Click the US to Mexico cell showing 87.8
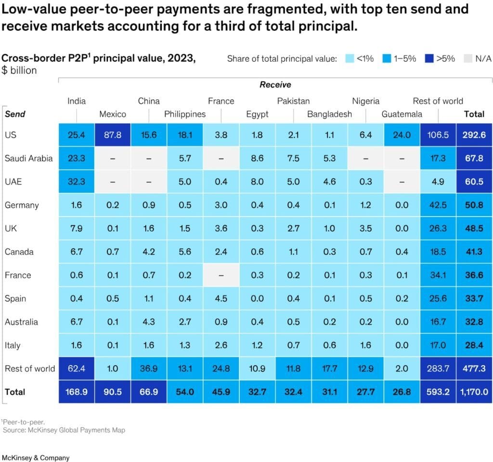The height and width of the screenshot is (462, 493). tap(113, 135)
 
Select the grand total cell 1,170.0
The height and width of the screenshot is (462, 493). tap(474, 392)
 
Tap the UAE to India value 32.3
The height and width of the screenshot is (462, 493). tap(77, 182)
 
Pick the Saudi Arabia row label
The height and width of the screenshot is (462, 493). tap(28, 158)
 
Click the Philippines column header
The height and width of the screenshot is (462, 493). tap(185, 114)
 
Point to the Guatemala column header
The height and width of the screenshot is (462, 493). tap(402, 114)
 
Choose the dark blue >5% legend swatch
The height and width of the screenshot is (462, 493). tap(429, 59)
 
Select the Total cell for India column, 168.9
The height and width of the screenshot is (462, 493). tap(77, 392)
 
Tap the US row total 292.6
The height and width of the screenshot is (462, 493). tap(474, 135)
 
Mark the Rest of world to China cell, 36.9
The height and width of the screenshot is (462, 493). tap(149, 368)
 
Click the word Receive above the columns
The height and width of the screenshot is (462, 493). tap(275, 84)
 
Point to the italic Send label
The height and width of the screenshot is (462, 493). tap(15, 114)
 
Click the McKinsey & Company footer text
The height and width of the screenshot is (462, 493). tap(36, 458)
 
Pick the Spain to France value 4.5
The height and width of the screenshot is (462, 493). tap(221, 299)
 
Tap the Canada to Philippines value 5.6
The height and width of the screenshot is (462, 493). tap(185, 252)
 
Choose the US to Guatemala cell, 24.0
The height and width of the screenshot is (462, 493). tap(402, 135)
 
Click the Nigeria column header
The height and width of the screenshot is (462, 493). tap(365, 101)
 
